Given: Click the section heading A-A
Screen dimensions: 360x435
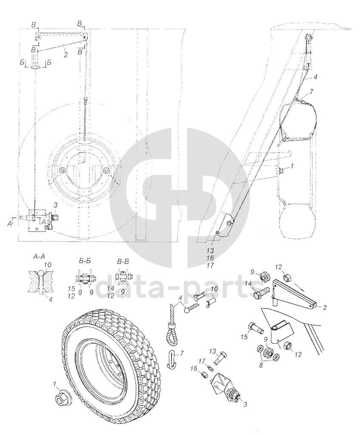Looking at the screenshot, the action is [42, 257].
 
